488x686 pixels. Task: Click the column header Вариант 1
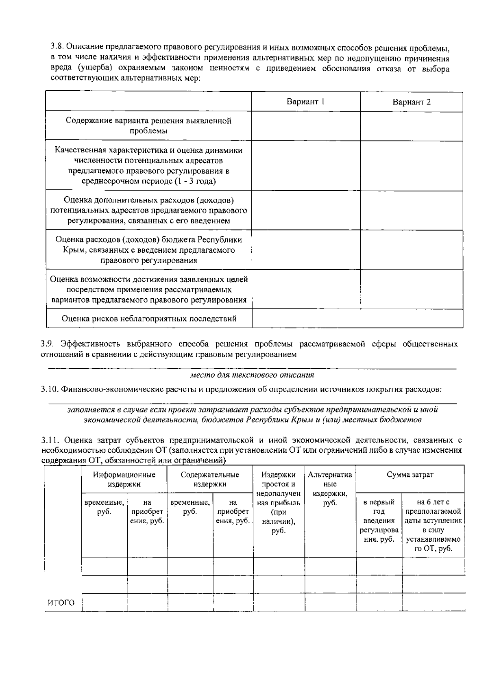coord(305,102)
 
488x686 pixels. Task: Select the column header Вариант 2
coord(411,102)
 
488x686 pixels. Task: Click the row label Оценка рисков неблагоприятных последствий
coord(149,319)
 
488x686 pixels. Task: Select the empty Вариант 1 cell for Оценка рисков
coord(306,319)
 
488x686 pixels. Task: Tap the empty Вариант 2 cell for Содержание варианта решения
coord(411,126)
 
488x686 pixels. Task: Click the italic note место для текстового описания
coord(252,375)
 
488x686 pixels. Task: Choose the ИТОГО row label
coord(61,603)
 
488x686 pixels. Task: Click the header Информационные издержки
coord(124,480)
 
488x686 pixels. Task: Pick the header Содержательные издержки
coord(210,480)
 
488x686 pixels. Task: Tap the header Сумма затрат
coord(410,475)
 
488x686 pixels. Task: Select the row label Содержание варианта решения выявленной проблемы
coord(149,126)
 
